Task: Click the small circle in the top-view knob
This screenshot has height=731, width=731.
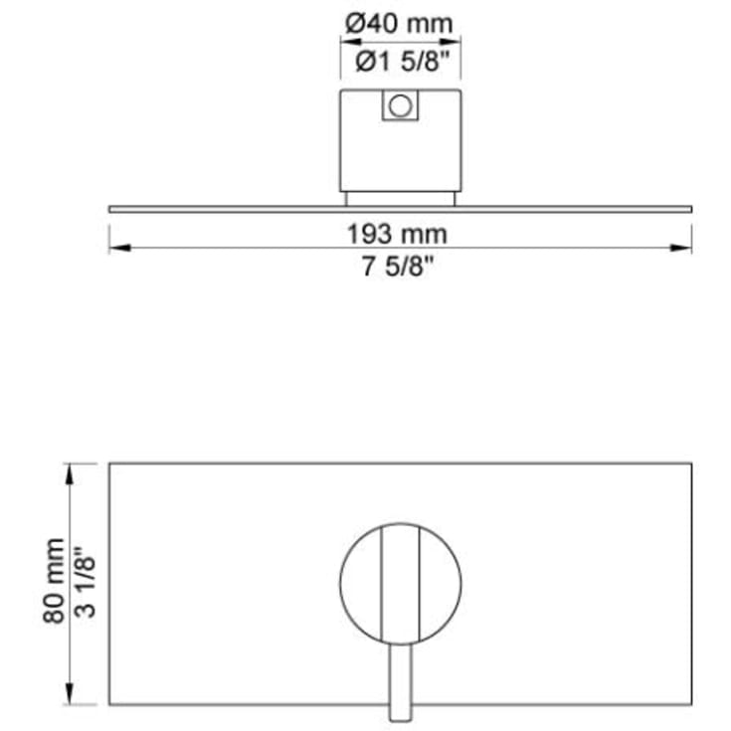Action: (400, 105)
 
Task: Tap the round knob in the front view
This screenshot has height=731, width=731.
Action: (359, 582)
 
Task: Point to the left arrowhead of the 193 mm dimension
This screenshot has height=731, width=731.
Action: (115, 248)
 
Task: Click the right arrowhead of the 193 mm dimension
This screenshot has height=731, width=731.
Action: (685, 248)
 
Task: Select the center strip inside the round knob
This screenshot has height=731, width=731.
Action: (401, 582)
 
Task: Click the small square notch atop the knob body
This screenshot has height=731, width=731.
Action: (400, 104)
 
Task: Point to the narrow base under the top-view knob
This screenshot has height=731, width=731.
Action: (400, 199)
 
